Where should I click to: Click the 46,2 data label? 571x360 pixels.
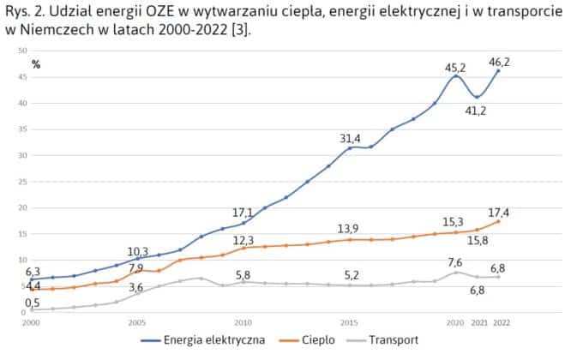click(x=500, y=63)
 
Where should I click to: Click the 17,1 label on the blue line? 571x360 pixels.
click(x=243, y=213)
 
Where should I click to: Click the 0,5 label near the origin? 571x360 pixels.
click(x=33, y=303)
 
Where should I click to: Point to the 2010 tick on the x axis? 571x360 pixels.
click(x=243, y=323)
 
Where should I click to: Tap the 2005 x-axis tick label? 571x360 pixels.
click(x=137, y=323)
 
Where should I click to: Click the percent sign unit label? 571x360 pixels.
click(x=36, y=64)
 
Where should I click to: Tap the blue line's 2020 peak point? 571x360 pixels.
click(x=456, y=76)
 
